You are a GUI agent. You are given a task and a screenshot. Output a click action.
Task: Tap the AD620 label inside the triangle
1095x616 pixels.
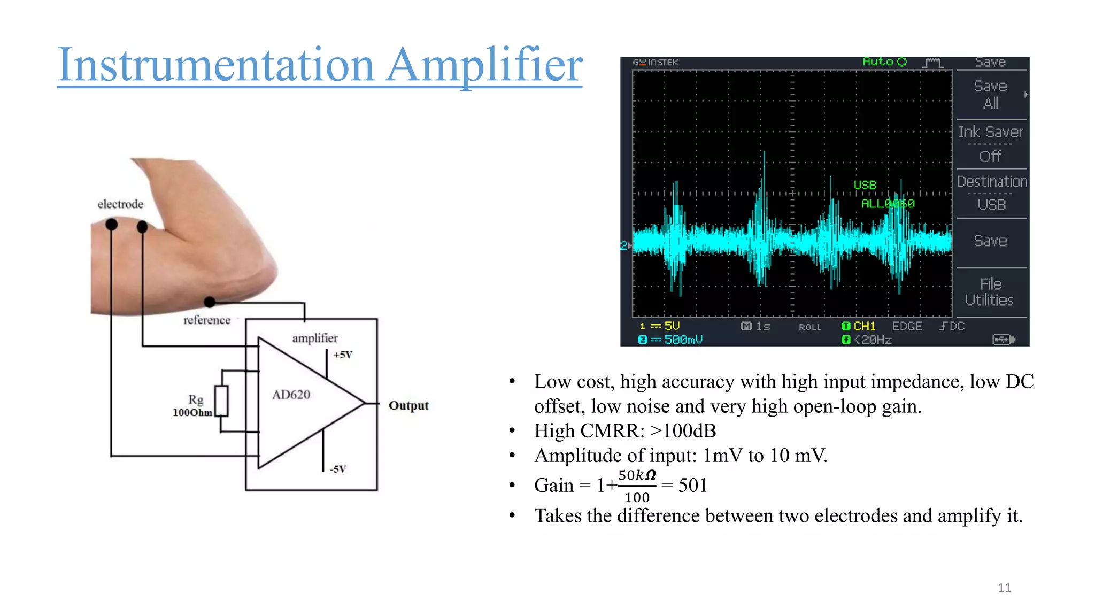(x=291, y=395)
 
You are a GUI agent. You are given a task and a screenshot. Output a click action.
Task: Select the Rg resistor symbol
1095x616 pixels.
(x=221, y=401)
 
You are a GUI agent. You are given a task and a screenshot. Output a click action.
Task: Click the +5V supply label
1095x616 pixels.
(x=343, y=355)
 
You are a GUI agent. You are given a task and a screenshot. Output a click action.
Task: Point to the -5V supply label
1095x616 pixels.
(x=338, y=469)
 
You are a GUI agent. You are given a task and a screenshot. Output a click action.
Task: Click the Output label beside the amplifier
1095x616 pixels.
(x=408, y=405)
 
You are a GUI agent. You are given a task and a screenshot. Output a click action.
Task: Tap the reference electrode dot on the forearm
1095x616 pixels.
(x=210, y=302)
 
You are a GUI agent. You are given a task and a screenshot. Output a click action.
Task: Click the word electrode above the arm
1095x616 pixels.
(x=120, y=204)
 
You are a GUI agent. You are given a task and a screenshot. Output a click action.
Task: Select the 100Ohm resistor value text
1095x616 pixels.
(x=192, y=413)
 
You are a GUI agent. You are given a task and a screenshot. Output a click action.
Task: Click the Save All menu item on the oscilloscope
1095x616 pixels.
(x=990, y=94)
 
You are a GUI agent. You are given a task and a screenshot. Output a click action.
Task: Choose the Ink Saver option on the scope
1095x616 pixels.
(x=990, y=132)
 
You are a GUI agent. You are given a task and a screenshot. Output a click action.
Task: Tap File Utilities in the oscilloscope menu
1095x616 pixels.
(x=989, y=292)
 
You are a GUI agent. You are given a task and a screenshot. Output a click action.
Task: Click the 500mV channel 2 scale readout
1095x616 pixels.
(x=683, y=340)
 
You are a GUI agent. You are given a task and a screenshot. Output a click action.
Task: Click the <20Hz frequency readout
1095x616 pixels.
(x=873, y=340)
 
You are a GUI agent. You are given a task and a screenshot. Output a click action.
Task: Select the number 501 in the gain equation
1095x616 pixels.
(x=692, y=485)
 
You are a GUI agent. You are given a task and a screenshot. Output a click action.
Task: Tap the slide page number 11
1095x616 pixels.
(x=1004, y=588)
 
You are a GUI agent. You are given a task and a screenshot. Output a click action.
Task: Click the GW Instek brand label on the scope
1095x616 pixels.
(x=656, y=62)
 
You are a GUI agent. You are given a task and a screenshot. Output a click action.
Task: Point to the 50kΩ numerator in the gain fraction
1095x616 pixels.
(x=636, y=475)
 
